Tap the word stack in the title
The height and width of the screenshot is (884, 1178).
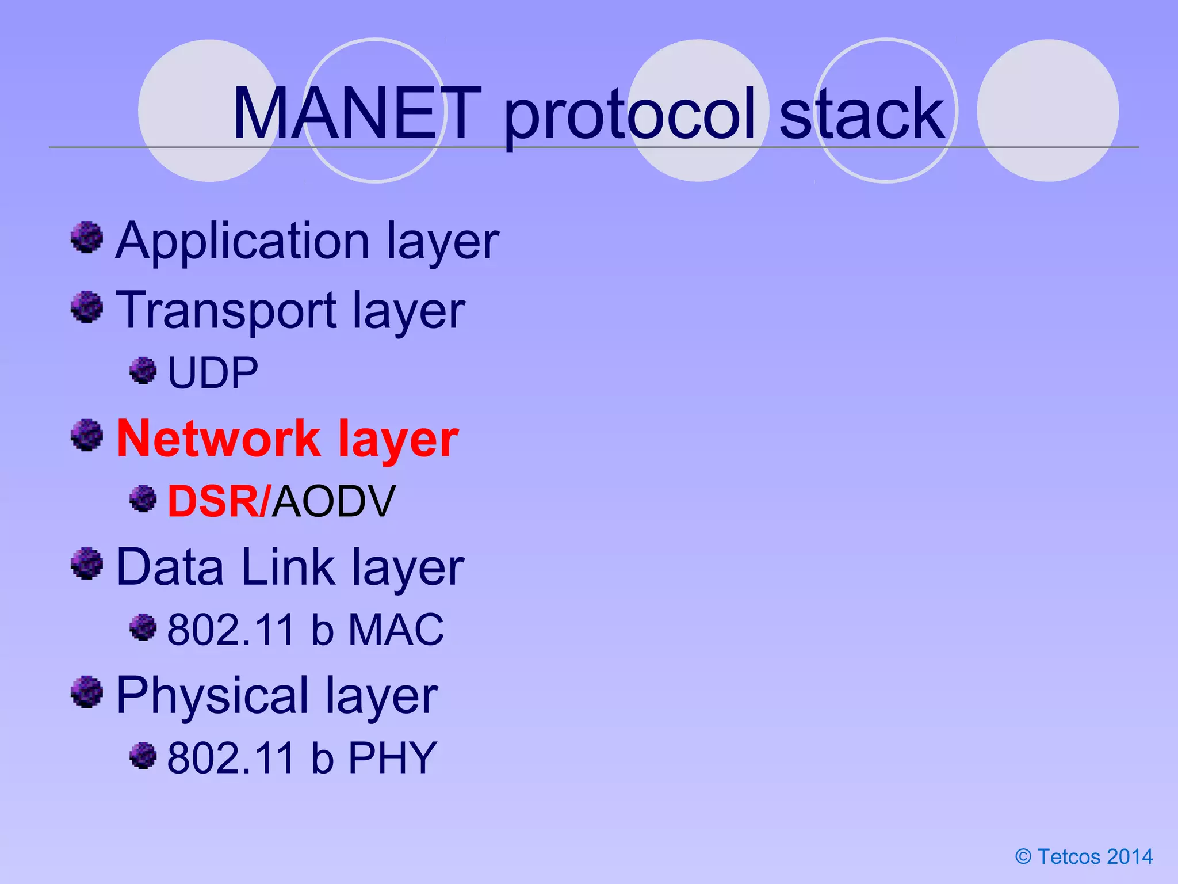[861, 113]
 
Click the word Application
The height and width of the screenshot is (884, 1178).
[242, 241]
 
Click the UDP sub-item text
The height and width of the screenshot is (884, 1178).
[212, 373]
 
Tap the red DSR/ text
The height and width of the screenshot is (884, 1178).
[218, 501]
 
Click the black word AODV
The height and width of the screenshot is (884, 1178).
[334, 501]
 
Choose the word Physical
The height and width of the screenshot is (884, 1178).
[212, 696]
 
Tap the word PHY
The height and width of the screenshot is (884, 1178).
[392, 758]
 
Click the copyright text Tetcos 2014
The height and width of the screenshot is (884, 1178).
[1084, 856]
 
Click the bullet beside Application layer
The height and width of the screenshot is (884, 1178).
[87, 237]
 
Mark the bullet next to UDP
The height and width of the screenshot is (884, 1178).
[143, 370]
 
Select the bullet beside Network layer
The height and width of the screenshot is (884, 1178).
[87, 435]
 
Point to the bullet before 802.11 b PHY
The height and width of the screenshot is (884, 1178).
[143, 755]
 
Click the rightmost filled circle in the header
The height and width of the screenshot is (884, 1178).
[1047, 110]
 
